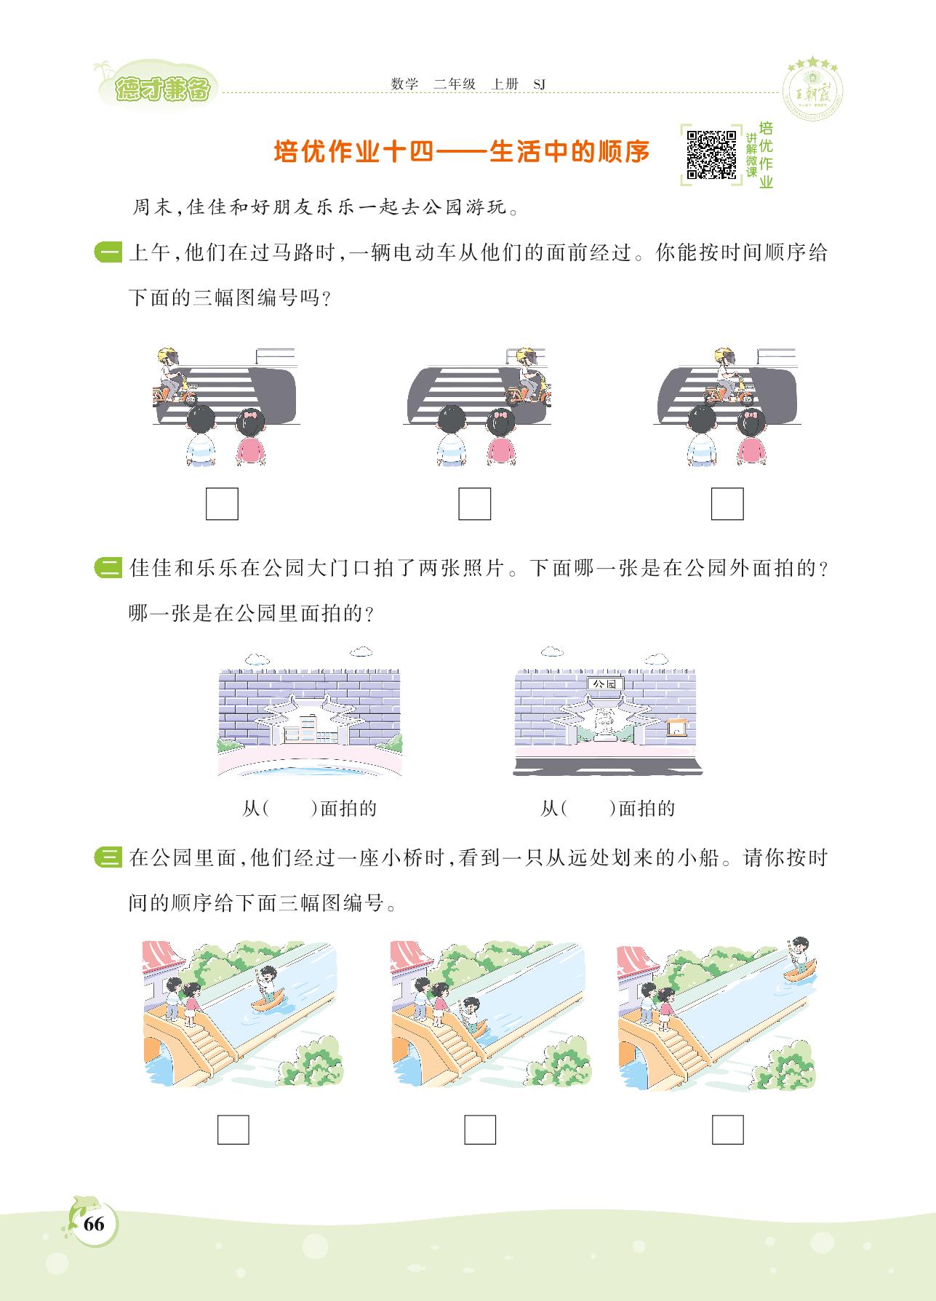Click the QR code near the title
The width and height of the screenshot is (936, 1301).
[713, 153]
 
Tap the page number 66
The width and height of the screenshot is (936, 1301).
[94, 1223]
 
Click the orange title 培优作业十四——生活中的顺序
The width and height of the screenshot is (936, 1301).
[461, 152]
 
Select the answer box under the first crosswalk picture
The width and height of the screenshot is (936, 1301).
[222, 503]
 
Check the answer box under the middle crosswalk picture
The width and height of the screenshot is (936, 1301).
[474, 503]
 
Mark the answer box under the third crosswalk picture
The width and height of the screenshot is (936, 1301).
[727, 503]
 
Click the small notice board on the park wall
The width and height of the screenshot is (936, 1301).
[677, 726]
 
